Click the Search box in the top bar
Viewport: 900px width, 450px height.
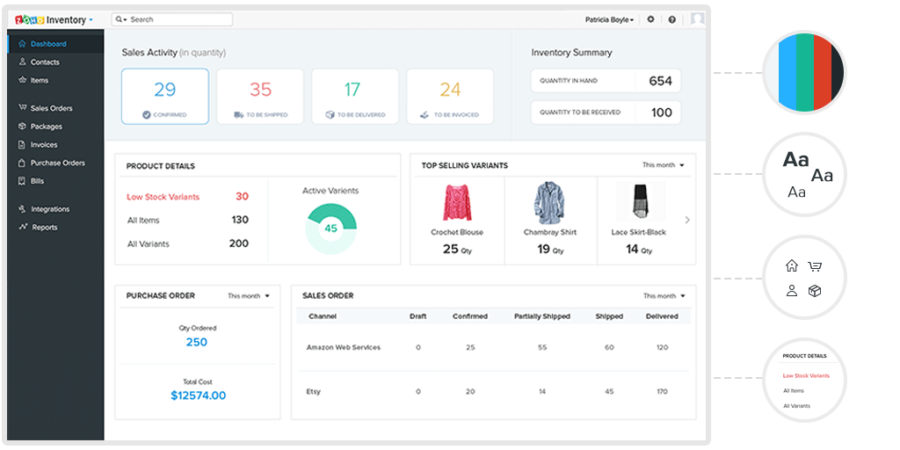coord(172,19)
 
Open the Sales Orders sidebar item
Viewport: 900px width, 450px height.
coord(51,108)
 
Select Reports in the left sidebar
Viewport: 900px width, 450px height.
coord(44,228)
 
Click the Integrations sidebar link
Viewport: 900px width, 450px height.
coord(49,209)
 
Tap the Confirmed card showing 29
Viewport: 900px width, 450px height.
coord(165,96)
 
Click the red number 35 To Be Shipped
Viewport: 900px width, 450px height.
coord(260,90)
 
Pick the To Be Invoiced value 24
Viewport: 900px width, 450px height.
coord(450,90)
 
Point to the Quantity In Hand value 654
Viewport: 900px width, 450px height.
coord(660,81)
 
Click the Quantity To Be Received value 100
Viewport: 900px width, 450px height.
coord(661,112)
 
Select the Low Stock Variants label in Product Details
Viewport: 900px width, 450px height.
coord(163,197)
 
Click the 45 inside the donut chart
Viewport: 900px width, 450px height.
coord(330,229)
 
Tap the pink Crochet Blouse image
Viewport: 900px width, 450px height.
coord(457,203)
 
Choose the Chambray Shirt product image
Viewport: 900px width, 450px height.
coord(549,203)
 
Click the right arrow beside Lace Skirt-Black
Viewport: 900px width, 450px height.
coord(687,221)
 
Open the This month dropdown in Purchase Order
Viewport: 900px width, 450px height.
coord(249,296)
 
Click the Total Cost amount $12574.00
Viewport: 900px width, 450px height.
coord(198,396)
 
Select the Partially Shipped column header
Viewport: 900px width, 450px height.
coord(541,316)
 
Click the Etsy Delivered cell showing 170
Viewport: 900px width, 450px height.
coord(661,391)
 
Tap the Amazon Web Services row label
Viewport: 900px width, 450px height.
coord(343,348)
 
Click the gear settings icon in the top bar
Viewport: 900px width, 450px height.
coord(650,19)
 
